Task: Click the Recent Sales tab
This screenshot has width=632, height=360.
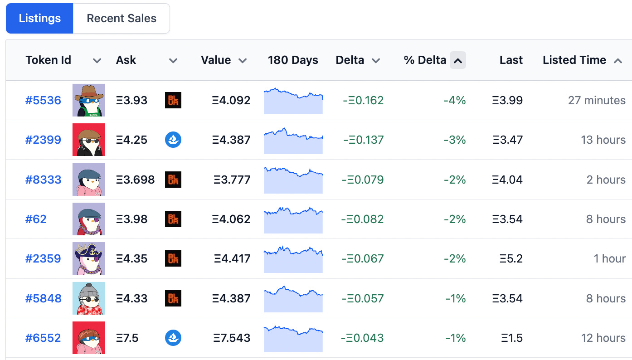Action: click(121, 19)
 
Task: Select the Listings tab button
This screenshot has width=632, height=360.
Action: click(39, 19)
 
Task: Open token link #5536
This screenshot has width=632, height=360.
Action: click(43, 100)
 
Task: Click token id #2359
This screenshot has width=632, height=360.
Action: click(43, 258)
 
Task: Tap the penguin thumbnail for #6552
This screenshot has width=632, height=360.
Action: click(89, 338)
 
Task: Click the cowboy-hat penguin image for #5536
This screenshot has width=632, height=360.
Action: click(89, 100)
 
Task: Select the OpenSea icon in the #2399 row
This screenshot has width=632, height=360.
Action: click(173, 140)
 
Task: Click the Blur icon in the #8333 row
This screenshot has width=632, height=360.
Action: click(173, 180)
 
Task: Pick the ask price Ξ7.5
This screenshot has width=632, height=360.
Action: click(127, 338)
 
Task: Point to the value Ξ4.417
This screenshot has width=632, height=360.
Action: click(232, 258)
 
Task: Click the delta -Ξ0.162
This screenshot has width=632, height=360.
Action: click(363, 100)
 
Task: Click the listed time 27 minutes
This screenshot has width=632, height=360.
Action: click(597, 100)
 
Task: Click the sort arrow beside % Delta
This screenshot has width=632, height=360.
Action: click(458, 60)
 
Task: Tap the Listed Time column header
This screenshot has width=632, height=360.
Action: click(574, 60)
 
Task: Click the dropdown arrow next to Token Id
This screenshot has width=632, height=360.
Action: click(97, 61)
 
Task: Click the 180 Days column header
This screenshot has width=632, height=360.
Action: click(293, 60)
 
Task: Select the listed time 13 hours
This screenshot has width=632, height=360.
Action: click(603, 140)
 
